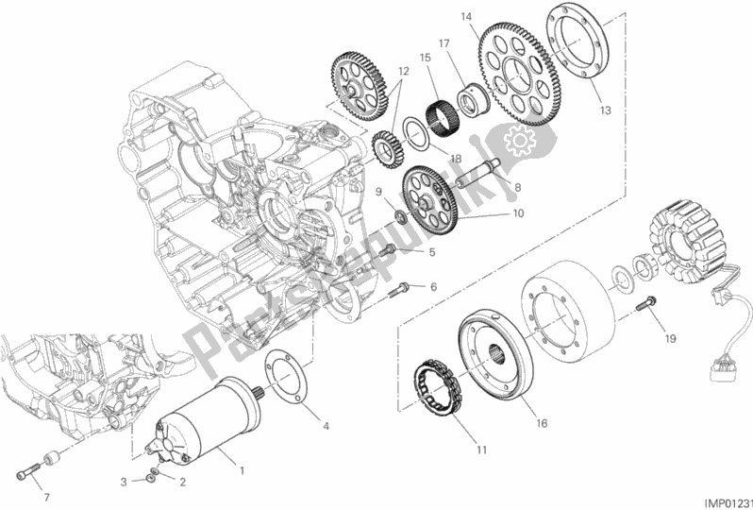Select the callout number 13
click(605, 110)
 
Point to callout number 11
click(481, 450)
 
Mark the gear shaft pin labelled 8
click(476, 177)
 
